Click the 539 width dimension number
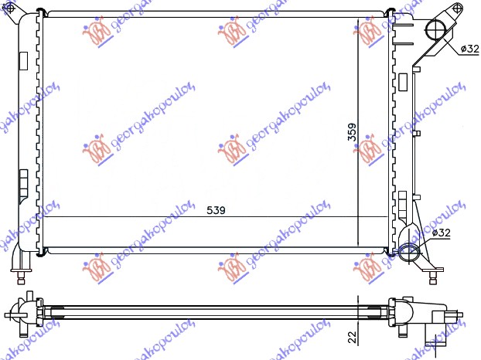pos(216,210)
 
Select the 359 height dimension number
pos(351,132)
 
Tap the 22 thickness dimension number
pos(351,336)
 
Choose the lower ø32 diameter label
pos(441,232)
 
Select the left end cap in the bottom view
pos(23,312)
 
